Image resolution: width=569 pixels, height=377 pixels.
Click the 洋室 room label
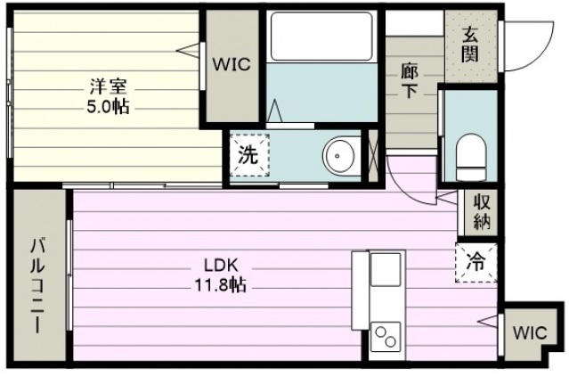click(x=108, y=87)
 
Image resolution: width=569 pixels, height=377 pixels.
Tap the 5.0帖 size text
click(x=108, y=107)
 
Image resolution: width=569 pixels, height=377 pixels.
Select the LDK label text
click(x=221, y=266)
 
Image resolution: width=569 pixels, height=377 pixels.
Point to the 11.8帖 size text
click(x=221, y=284)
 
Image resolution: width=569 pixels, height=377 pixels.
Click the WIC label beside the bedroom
click(x=232, y=64)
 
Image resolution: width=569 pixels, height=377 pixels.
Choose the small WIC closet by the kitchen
click(x=530, y=332)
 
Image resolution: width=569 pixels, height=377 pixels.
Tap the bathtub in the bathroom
click(x=321, y=37)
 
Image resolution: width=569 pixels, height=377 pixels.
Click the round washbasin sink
click(x=338, y=156)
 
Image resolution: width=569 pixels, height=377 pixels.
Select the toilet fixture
click(x=471, y=157)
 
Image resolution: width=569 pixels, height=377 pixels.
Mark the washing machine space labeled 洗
click(x=249, y=155)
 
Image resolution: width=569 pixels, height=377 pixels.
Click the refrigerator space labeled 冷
click(x=476, y=262)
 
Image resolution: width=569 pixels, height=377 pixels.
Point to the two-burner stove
click(x=386, y=337)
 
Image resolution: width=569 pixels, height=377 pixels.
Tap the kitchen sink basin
click(x=386, y=269)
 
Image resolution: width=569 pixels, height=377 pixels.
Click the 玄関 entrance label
click(x=470, y=45)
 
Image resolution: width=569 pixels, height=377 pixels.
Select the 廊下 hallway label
click(x=410, y=80)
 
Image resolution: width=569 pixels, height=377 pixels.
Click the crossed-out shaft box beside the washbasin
click(x=373, y=156)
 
